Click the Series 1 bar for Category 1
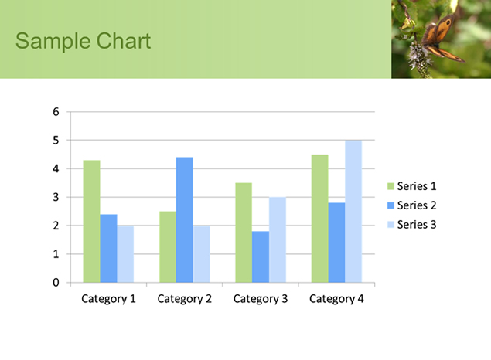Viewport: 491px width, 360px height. coord(91,222)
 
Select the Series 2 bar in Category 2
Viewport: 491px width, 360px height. coord(185,220)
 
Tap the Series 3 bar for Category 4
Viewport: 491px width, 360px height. coord(353,212)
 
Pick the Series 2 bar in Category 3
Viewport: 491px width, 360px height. coord(261,256)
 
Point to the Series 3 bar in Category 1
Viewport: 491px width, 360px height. coord(125,254)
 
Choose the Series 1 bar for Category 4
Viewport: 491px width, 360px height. coord(319,219)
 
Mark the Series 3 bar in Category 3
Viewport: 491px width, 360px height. coord(278,240)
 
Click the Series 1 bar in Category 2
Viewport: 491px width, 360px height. coord(168,247)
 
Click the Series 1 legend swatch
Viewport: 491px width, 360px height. coord(390,186)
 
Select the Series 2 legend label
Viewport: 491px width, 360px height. coord(417,205)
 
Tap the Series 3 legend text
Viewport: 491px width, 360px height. coord(417,225)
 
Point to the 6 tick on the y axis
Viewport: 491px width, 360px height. coord(56,112)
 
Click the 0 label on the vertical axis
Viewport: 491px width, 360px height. coord(56,283)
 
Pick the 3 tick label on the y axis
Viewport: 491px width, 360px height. coord(56,197)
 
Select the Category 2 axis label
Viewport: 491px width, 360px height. coord(185,299)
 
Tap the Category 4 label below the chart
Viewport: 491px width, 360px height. coord(336,299)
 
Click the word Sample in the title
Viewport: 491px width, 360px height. coord(53,41)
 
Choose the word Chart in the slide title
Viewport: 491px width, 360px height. coord(124,41)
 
